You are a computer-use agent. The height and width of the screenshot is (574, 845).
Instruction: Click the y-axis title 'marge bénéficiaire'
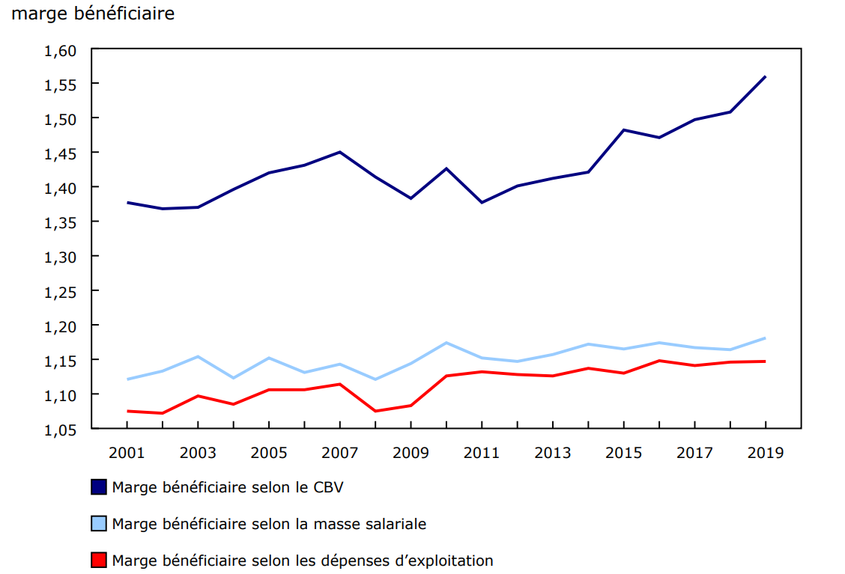point(93,13)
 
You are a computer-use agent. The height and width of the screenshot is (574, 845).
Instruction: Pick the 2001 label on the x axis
point(127,453)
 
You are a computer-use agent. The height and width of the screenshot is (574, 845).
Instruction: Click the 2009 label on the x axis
point(411,453)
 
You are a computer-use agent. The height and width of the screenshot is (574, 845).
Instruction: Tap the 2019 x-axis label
point(765,453)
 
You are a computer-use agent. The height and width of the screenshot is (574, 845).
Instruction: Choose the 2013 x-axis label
point(552,453)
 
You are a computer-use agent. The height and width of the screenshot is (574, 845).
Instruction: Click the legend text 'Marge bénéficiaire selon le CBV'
point(228,487)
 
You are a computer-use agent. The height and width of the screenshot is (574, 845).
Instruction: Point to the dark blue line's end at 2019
point(765,76)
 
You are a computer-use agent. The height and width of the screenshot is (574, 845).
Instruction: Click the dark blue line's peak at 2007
point(340,152)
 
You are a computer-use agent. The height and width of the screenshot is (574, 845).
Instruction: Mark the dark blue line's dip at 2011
point(482,203)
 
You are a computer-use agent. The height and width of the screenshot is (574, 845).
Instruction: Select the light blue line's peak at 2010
point(446,343)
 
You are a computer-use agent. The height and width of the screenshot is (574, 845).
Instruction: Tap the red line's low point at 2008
point(375,411)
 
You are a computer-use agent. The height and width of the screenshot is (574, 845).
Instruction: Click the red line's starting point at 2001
point(127,411)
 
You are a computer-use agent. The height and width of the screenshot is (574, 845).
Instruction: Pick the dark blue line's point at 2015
point(623,130)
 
